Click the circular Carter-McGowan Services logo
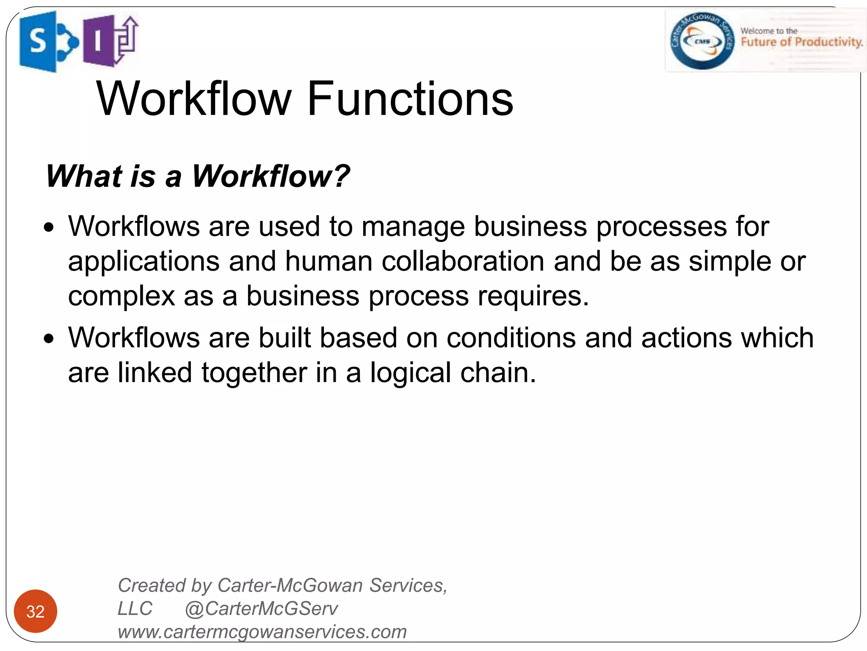point(702,41)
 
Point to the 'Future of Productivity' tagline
point(801,42)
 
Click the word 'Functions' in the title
point(410,99)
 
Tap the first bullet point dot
point(50,228)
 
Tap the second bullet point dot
point(50,339)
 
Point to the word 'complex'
point(121,296)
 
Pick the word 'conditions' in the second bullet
point(511,338)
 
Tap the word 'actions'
point(686,338)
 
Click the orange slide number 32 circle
point(36,611)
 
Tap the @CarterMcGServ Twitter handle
point(261,609)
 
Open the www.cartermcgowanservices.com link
point(262,632)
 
